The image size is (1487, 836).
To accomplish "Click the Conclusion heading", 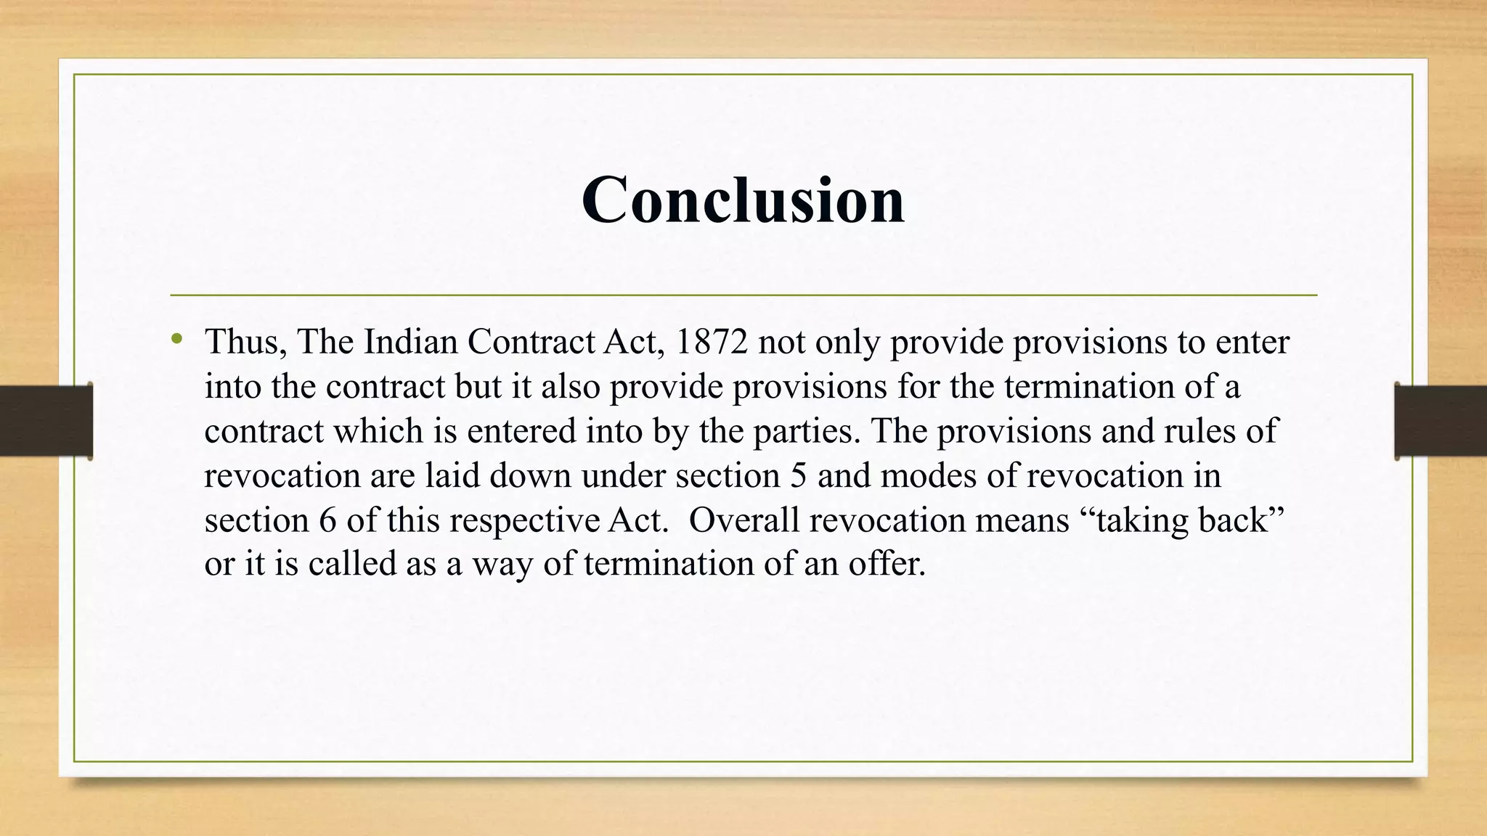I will (x=743, y=200).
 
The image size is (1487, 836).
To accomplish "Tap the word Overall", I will (x=744, y=520).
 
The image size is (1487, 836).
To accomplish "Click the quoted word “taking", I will (x=1130, y=522).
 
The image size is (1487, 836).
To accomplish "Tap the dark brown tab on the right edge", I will (x=1441, y=421).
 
